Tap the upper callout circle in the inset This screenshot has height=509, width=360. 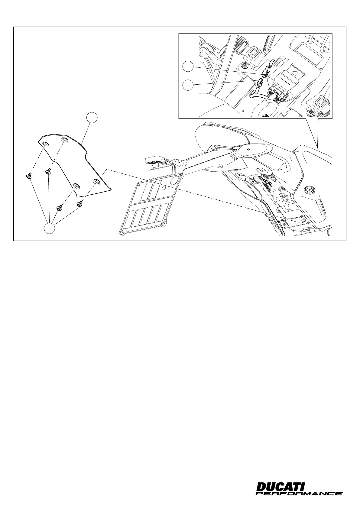pyautogui.click(x=188, y=66)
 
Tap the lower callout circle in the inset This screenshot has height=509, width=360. pyautogui.click(x=188, y=85)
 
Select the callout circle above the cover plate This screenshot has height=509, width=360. pyautogui.click(x=92, y=118)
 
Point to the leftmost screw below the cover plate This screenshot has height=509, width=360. pyautogui.click(x=28, y=176)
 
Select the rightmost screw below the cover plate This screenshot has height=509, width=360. pyautogui.click(x=80, y=204)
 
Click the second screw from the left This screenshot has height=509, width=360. pyautogui.click(x=48, y=172)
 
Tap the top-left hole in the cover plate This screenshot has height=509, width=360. pyautogui.click(x=45, y=143)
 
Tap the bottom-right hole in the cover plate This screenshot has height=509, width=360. pyautogui.click(x=97, y=182)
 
